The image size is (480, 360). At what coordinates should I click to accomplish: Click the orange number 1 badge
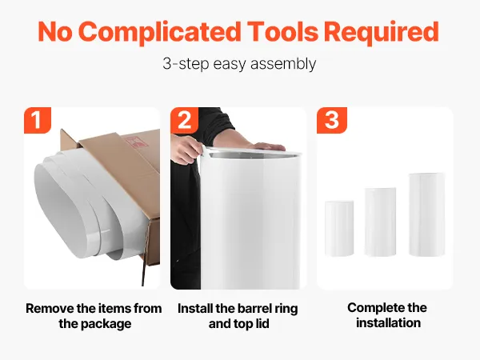click(x=38, y=120)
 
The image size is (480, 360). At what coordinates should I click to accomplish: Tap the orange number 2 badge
click(x=184, y=120)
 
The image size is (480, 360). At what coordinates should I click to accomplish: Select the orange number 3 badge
click(x=332, y=120)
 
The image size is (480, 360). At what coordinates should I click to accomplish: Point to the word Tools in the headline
click(x=283, y=32)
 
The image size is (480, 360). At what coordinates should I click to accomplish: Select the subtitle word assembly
click(x=283, y=64)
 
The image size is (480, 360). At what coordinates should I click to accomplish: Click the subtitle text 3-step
click(x=186, y=64)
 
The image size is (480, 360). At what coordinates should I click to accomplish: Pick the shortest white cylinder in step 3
click(x=339, y=228)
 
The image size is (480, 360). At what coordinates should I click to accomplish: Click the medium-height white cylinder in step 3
click(x=380, y=222)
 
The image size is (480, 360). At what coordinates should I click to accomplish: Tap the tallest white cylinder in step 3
click(x=426, y=214)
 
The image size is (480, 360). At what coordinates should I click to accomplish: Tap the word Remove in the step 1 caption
click(x=50, y=308)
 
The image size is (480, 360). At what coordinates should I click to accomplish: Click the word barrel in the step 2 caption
click(x=255, y=309)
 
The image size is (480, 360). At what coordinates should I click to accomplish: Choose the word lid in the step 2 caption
click(x=262, y=323)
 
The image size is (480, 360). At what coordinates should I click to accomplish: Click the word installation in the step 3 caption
click(x=388, y=323)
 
